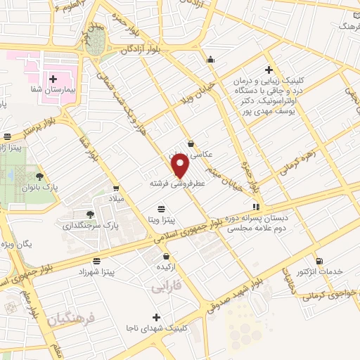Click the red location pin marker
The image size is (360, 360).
click(x=181, y=167)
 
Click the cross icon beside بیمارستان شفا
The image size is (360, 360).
click(x=53, y=79)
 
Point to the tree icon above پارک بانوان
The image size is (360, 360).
click(x=39, y=176)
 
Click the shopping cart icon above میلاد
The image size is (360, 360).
click(x=116, y=188)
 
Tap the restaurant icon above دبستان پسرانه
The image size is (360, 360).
click(x=256, y=207)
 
